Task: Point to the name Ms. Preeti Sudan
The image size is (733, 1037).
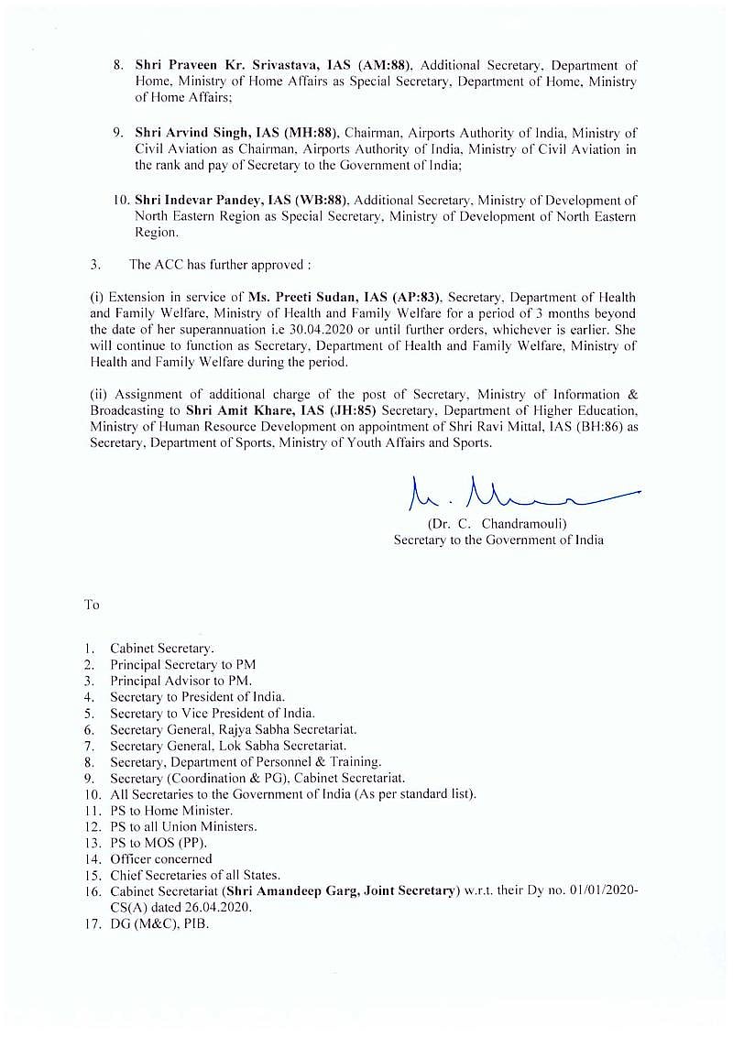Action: point(291,298)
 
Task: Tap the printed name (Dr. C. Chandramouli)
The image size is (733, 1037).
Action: point(498,524)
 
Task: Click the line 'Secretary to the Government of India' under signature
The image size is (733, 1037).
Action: point(498,540)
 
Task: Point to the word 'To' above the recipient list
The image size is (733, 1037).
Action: point(92,605)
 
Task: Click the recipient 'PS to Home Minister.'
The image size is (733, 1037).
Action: point(171,810)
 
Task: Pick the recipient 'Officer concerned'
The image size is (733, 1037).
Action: point(161,859)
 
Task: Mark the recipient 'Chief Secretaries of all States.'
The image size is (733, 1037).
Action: point(195,875)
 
